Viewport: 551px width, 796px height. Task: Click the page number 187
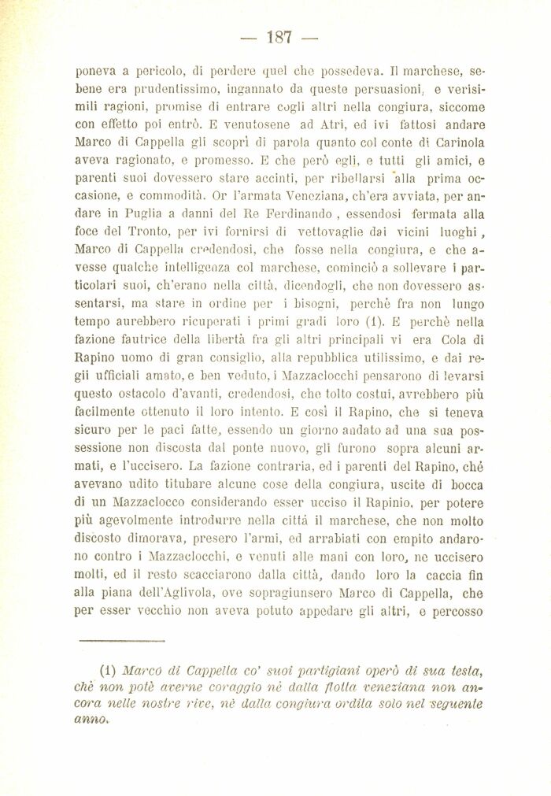[x=279, y=37]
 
